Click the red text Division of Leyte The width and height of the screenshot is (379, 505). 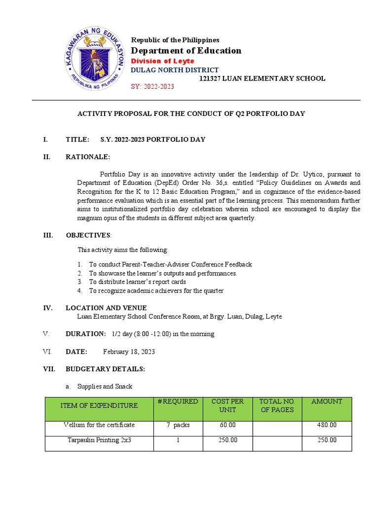[162, 61]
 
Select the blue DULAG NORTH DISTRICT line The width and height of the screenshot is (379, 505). [174, 70]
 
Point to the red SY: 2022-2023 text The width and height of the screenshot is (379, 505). [152, 87]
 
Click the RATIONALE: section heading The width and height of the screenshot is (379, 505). [88, 157]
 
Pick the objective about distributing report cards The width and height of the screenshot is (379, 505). [137, 282]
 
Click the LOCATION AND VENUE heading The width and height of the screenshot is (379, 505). [106, 308]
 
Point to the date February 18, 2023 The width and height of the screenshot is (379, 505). [129, 352]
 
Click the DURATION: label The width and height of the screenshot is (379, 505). [85, 334]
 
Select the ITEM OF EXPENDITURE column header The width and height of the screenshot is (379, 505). [99, 405]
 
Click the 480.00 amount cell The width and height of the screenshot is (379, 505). [326, 425]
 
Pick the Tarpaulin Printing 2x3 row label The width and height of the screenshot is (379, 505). [99, 440]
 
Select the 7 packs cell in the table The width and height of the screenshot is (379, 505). [178, 425]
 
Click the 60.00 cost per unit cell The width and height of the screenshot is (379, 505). [227, 425]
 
